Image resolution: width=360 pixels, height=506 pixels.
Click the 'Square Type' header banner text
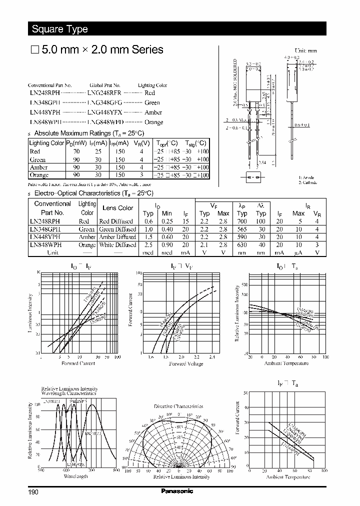pos(60,29)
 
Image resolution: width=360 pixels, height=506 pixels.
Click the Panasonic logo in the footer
pos(177,491)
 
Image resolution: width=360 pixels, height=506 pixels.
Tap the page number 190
pos(33,492)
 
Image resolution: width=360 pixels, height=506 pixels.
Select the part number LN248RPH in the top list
pos(44,93)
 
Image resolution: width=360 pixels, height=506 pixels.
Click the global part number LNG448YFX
pos(104,112)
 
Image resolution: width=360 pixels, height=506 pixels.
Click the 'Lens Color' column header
pos(117,208)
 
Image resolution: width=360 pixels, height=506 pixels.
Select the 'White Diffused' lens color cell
pos(117,245)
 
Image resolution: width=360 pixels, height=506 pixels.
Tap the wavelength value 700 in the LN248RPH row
pos(242,221)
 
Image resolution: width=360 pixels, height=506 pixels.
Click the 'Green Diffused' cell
pos(117,229)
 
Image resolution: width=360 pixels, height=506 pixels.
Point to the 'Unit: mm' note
pos(305,51)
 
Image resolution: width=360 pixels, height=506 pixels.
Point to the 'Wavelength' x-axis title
pos(75,476)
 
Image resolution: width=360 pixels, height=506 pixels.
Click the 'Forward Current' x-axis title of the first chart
pos(78,363)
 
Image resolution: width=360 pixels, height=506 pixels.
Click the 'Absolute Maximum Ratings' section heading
pos(88,133)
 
